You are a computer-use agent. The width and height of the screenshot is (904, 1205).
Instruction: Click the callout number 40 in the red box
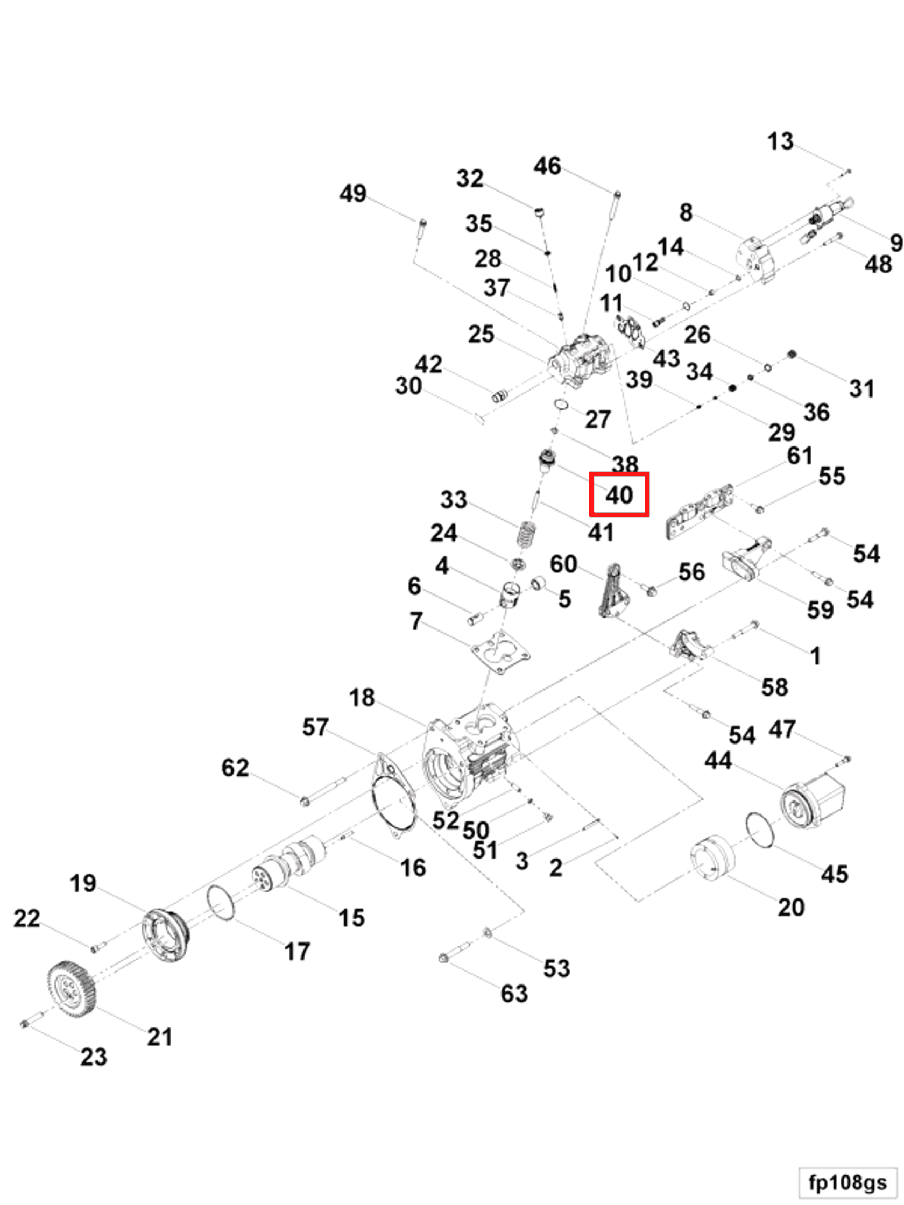point(619,494)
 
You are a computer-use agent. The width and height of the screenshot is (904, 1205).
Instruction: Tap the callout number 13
point(780,141)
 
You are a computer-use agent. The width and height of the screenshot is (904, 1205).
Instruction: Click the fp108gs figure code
point(847,1182)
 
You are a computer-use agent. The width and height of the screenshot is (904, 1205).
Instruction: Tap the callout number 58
point(774,687)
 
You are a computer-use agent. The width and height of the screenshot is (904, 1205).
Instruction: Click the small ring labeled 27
point(561,405)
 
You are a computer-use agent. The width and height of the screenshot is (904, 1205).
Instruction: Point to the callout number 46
point(547,166)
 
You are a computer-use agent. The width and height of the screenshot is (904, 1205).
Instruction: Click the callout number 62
point(235,768)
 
